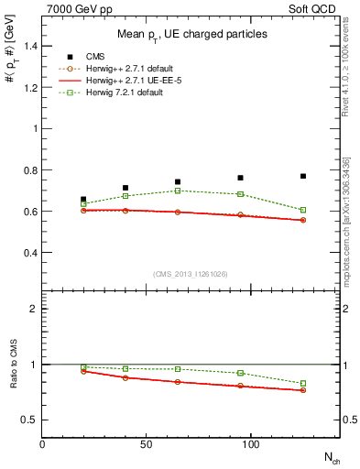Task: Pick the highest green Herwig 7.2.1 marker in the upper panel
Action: click(x=178, y=191)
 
